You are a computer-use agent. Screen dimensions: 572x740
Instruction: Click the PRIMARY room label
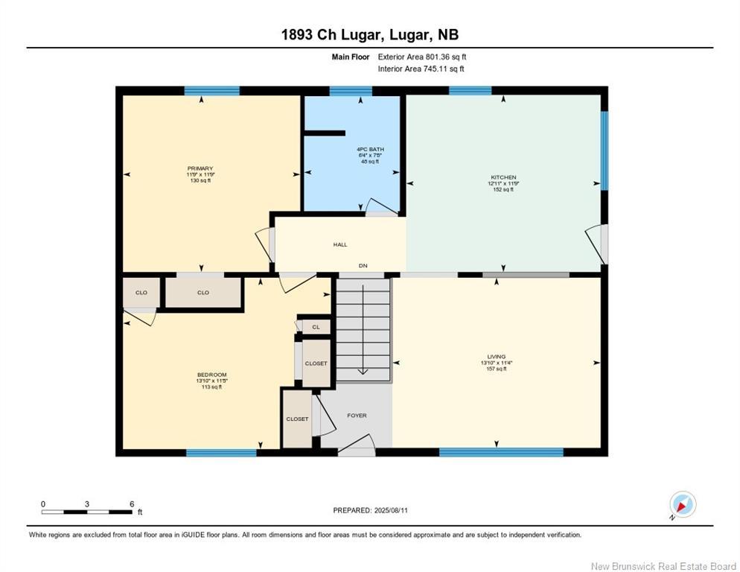(x=200, y=168)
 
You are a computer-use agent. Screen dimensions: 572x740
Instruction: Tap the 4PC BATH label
(x=370, y=150)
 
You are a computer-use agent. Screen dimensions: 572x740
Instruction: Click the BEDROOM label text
(x=211, y=375)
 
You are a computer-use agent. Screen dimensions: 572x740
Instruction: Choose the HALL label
(x=339, y=244)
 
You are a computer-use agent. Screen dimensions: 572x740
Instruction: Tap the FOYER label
(x=357, y=416)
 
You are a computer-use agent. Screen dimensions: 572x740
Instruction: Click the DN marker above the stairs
(x=363, y=266)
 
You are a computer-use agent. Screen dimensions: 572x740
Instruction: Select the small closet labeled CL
(x=316, y=326)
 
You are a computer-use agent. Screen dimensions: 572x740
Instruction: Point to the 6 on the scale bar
(x=132, y=504)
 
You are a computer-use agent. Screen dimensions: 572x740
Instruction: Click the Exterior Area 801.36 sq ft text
(x=422, y=57)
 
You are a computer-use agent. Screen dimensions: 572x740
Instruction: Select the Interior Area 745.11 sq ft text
(x=421, y=69)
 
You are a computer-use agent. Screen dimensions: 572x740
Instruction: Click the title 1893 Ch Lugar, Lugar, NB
(x=370, y=34)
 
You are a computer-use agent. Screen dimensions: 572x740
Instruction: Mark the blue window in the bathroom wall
(x=350, y=92)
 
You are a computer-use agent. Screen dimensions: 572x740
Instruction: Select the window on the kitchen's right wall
(x=604, y=150)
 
